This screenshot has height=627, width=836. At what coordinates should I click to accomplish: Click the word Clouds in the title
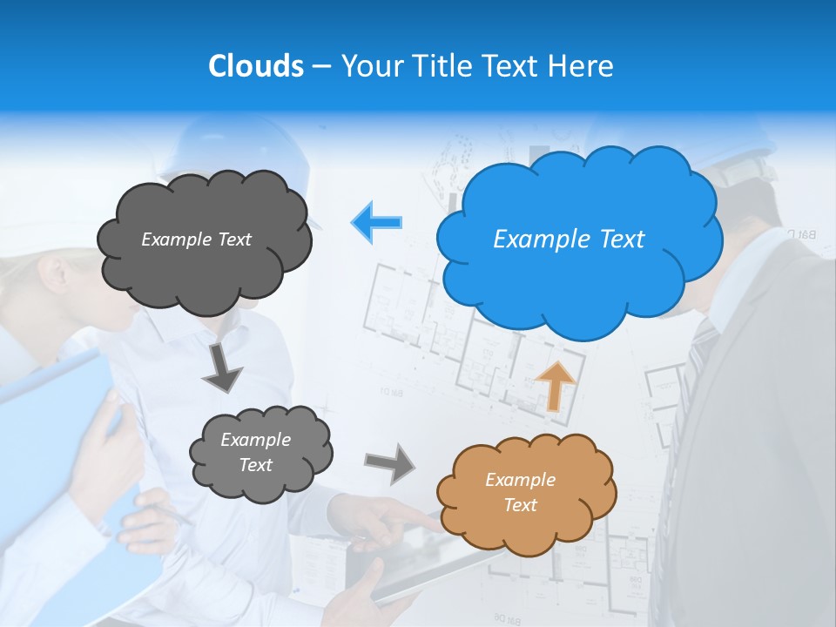pos(256,66)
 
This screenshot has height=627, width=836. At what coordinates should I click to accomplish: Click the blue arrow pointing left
pos(377,222)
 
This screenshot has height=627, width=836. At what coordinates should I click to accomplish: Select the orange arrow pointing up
pos(556,384)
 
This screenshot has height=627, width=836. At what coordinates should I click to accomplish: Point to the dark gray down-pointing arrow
pos(223,367)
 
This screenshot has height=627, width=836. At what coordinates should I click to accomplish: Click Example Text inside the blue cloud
pos(569,239)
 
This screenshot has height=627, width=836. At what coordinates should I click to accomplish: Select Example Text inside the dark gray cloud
pos(196,239)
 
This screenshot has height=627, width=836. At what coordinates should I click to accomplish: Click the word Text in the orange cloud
pos(520,505)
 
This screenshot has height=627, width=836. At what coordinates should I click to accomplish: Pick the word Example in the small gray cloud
pos(255,440)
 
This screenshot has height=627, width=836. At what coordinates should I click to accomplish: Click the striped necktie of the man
pos(688,392)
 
